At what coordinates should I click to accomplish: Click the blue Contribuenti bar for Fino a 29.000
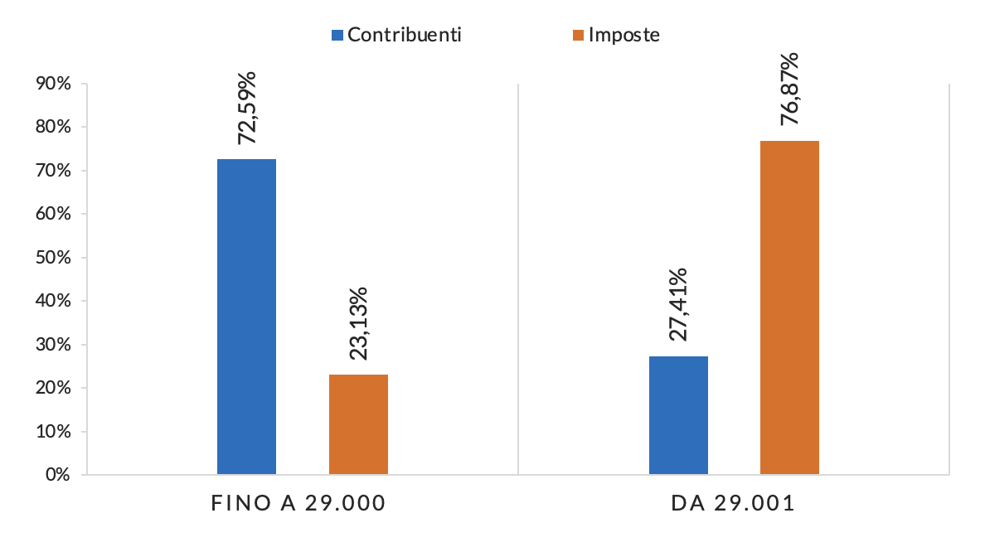click(x=246, y=317)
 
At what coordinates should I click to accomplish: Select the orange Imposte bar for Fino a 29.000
click(x=358, y=424)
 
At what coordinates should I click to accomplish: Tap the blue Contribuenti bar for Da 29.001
click(x=678, y=415)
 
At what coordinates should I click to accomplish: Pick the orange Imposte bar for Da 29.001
click(x=789, y=307)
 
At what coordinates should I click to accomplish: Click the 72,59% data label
click(x=247, y=108)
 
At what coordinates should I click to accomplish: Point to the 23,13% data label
click(x=359, y=323)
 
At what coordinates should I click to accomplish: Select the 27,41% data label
click(x=678, y=305)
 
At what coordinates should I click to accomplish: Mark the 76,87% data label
click(x=790, y=89)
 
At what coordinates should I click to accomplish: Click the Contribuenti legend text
click(x=405, y=35)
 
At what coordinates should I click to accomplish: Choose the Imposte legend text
click(x=624, y=35)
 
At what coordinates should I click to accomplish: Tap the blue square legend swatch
click(x=337, y=35)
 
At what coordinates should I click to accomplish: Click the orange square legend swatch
click(x=578, y=35)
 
